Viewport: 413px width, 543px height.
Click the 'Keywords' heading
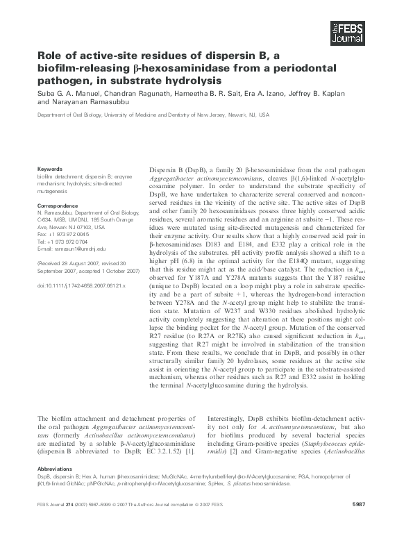[x=49, y=168]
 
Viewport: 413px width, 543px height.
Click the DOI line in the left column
[x=81, y=285]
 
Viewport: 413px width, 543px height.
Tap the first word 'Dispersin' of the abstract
[x=163, y=170]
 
